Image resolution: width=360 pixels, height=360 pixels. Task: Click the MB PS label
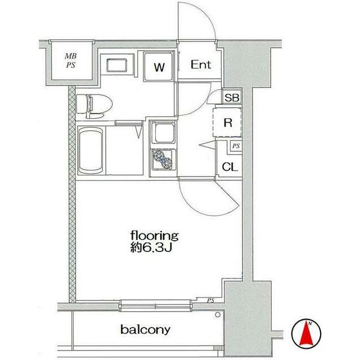[71, 61]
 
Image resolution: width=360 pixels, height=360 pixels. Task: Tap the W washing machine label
[159, 67]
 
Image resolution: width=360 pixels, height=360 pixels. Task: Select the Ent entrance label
[201, 65]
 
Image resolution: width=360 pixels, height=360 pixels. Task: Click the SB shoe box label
[232, 98]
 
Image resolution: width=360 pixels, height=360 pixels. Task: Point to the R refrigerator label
[227, 123]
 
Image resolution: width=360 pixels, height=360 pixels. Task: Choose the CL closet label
[229, 167]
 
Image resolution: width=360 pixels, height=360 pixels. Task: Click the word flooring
[155, 236]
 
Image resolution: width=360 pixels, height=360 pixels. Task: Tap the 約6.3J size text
[151, 247]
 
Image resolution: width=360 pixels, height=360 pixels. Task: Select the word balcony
[145, 330]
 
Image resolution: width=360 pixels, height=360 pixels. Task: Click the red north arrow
[306, 334]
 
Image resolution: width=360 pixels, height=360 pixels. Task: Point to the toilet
[94, 105]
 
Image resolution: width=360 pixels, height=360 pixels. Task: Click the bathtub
[91, 151]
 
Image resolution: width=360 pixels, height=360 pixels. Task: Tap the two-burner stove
[163, 160]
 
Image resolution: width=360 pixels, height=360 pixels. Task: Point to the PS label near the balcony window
[210, 300]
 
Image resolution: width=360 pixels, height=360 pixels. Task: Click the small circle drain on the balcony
[218, 315]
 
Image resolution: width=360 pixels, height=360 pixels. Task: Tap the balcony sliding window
[155, 305]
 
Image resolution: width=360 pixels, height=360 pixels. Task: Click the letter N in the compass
[310, 324]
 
